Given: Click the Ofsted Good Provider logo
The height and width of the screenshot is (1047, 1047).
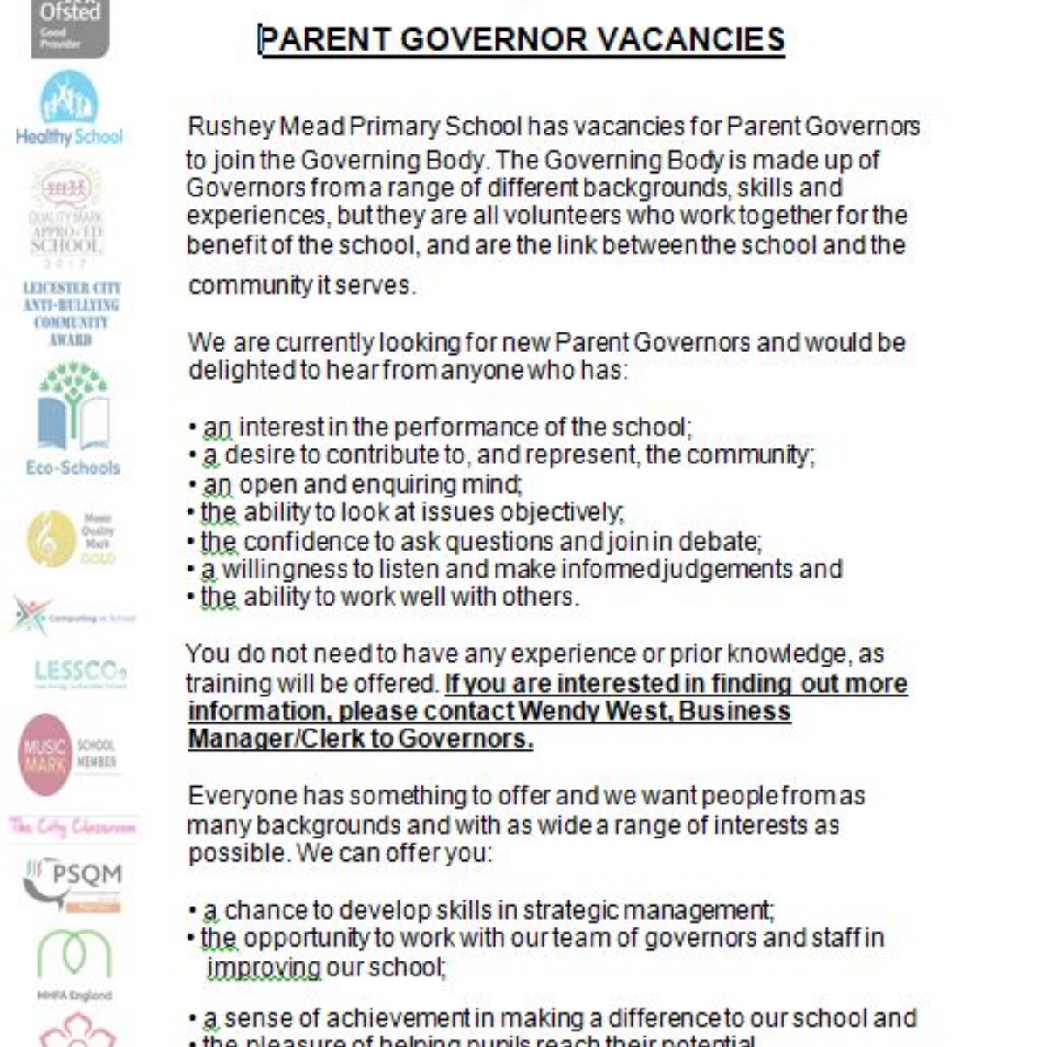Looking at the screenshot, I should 70,28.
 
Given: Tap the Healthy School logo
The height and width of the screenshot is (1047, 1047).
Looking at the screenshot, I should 69,110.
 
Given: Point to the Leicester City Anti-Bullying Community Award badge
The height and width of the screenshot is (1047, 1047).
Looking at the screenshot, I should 71,313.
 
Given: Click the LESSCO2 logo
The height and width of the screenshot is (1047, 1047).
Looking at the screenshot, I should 80,673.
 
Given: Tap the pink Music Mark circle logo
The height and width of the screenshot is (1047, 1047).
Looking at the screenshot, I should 45,755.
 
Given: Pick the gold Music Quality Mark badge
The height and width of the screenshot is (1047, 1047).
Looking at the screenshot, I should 52,538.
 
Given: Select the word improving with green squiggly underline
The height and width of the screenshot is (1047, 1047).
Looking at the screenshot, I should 263,968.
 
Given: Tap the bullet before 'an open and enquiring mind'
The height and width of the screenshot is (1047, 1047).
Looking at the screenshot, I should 193,485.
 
